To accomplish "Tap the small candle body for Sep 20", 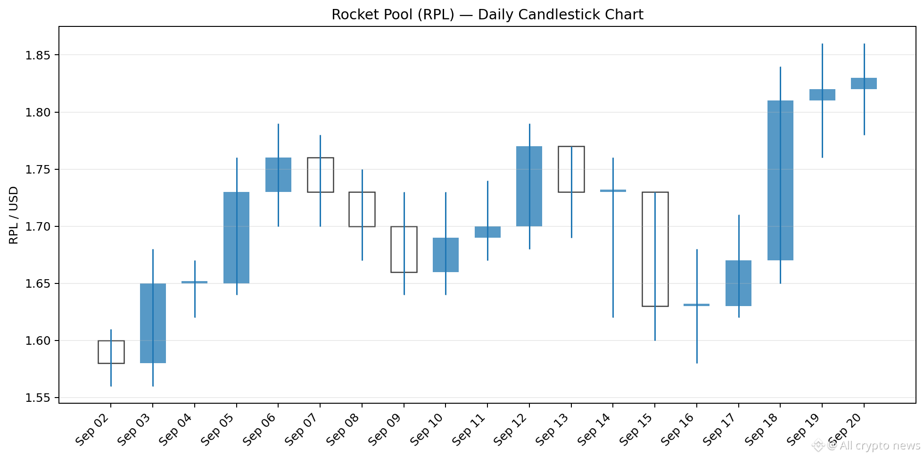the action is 864,83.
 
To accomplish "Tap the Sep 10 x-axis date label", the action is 426,429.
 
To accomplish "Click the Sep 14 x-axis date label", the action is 594,429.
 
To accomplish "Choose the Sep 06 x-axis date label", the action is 259,429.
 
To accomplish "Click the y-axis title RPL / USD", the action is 14,215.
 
